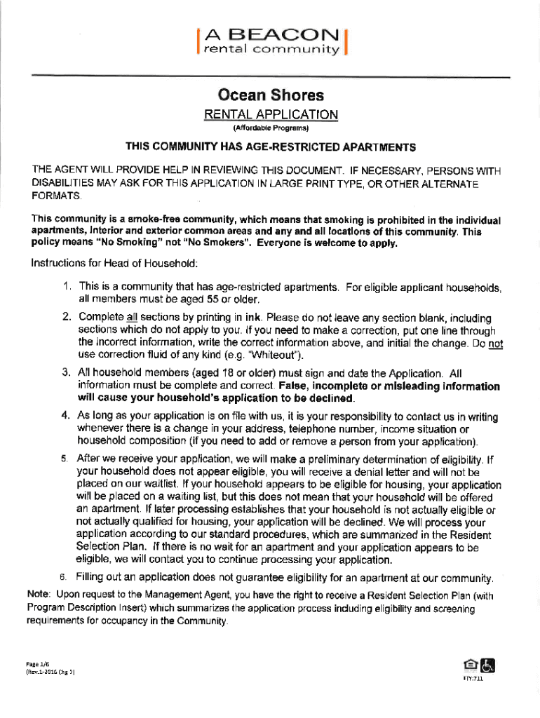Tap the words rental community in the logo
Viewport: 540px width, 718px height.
coord(272,50)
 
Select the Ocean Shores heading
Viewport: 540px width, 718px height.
coord(271,95)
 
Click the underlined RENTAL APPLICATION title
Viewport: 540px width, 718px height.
coord(271,114)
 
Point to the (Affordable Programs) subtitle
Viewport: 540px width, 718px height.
coord(271,129)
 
